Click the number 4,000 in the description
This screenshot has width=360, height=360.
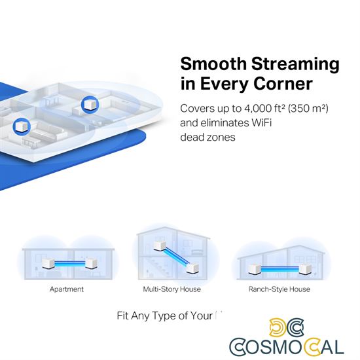pos(257,107)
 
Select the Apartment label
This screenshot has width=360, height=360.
pos(67,288)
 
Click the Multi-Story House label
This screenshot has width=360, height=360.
pos(171,288)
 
